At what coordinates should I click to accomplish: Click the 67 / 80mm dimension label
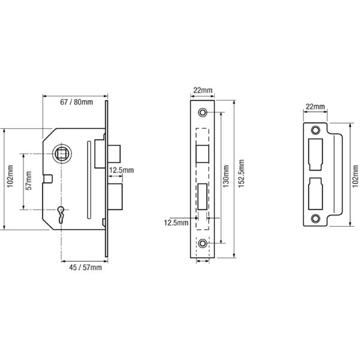click(76, 102)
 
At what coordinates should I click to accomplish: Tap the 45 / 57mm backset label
click(85, 268)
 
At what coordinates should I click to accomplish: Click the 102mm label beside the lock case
click(10, 176)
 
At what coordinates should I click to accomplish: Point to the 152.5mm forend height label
click(241, 173)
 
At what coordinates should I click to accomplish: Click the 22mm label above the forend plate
click(203, 90)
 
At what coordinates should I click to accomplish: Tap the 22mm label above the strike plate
click(316, 107)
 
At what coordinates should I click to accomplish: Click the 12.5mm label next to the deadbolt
click(121, 170)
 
